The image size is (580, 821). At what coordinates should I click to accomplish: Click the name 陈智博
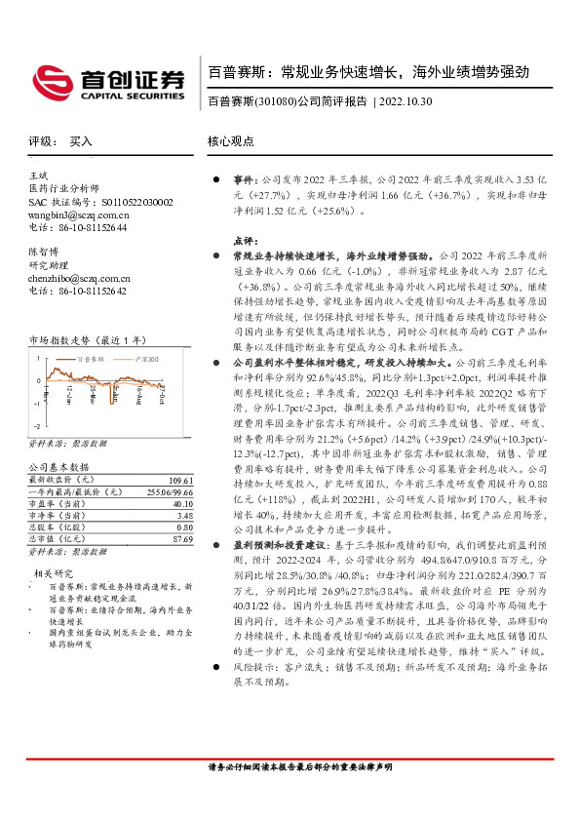[44, 251]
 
